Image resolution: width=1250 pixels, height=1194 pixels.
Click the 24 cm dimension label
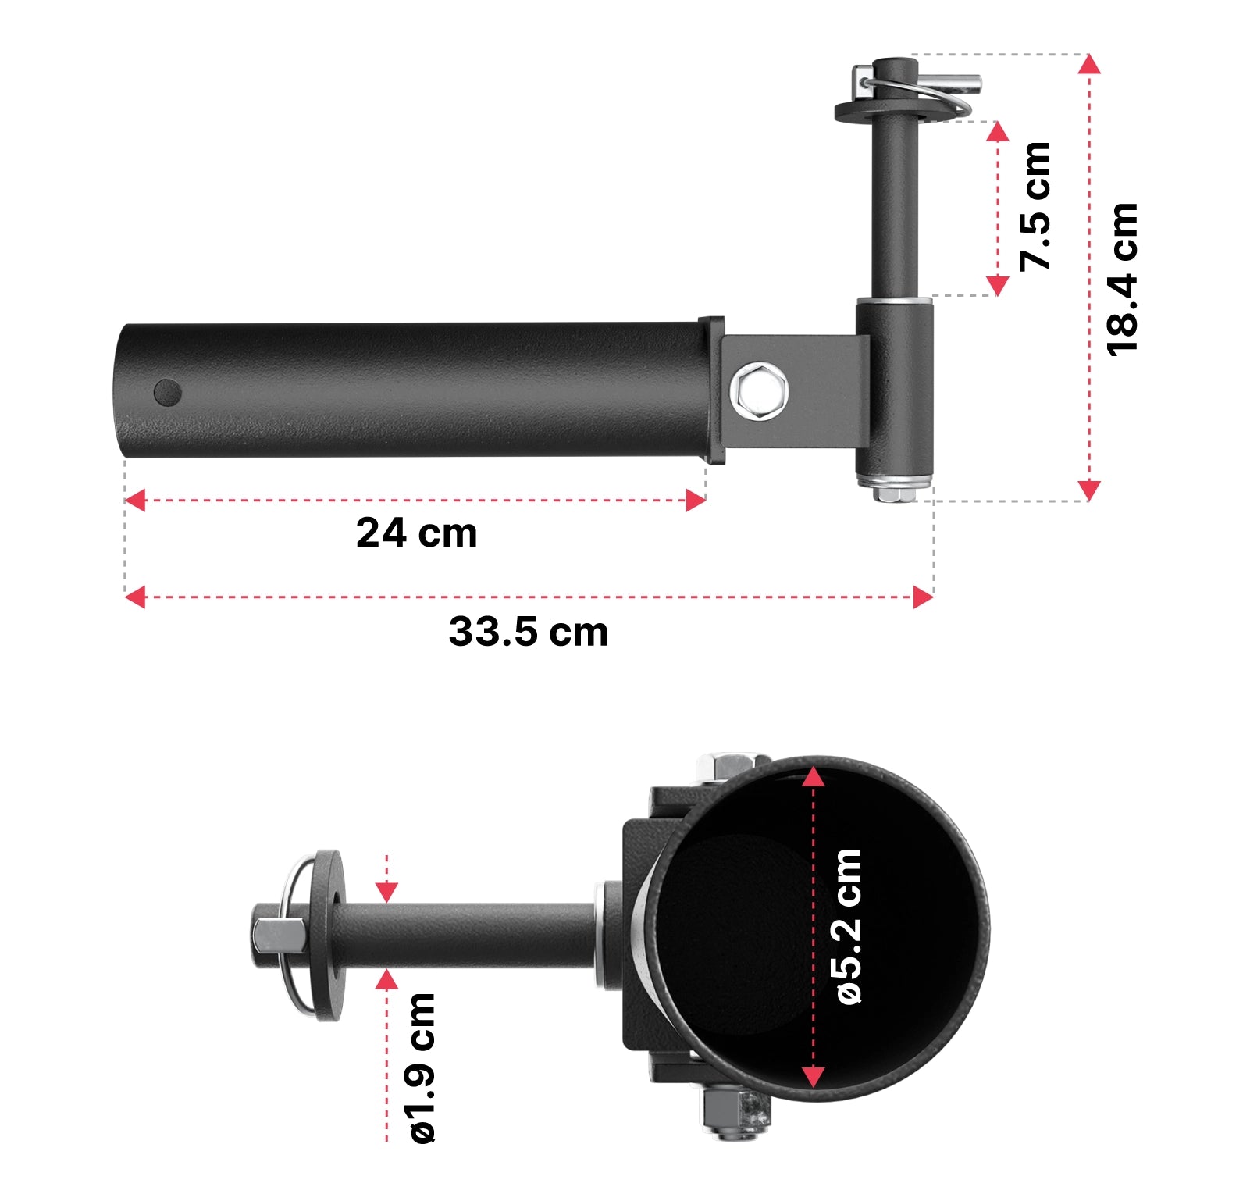coord(416,533)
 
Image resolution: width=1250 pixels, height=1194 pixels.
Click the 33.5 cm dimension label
coord(528,632)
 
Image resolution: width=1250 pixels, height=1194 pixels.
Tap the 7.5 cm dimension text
coord(1035,208)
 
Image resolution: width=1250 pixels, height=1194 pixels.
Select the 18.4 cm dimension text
coord(1123,279)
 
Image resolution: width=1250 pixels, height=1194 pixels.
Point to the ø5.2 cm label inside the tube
coord(848,926)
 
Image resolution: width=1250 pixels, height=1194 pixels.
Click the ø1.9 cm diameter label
coord(422,1067)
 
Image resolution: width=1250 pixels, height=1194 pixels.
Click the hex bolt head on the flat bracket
coord(759,391)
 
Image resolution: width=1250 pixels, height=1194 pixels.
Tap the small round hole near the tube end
coord(167,392)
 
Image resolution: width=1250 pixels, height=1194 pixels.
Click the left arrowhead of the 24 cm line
coord(135,501)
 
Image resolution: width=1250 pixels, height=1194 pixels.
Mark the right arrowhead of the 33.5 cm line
coord(923,597)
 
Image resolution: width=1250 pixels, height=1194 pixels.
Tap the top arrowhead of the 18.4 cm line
coord(1089,64)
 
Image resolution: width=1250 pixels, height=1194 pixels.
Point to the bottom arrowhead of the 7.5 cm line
coord(998,285)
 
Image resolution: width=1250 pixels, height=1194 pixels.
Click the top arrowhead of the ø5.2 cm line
coord(814,777)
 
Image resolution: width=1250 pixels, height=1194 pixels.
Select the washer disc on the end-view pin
coord(327,935)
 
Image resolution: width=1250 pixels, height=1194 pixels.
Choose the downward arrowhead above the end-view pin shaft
coord(386,891)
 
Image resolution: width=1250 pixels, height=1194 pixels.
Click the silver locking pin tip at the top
coord(968,81)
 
